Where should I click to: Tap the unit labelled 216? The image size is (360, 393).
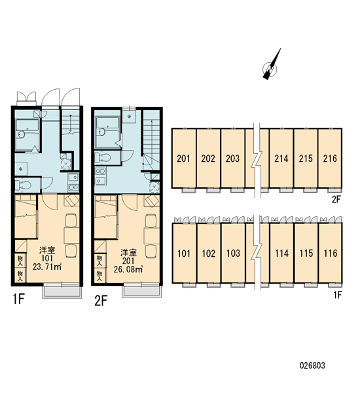point(330,158)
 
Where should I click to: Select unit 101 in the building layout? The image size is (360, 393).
point(184,253)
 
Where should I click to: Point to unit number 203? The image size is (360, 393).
point(232,158)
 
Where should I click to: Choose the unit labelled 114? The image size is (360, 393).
point(281,253)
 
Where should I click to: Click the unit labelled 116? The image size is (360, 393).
point(331,253)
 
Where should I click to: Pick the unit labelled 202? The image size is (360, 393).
point(208,158)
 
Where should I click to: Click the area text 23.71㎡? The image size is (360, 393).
point(47,267)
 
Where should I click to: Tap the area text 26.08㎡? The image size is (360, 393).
point(128,269)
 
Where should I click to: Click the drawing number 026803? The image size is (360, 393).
point(312,365)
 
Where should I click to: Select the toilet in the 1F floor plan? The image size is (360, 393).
point(23,185)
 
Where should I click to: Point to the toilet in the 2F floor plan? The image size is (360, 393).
point(103,157)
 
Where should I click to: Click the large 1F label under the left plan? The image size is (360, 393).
point(18,299)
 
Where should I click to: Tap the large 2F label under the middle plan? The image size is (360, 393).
point(101,301)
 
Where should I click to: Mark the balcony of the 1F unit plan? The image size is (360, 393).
point(62,291)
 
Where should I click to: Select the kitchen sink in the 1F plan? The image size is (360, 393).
point(73,178)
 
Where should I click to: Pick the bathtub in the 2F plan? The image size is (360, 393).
point(107,132)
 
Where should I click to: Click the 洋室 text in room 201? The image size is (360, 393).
point(128,252)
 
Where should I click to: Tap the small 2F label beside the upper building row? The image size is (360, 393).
point(336,200)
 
